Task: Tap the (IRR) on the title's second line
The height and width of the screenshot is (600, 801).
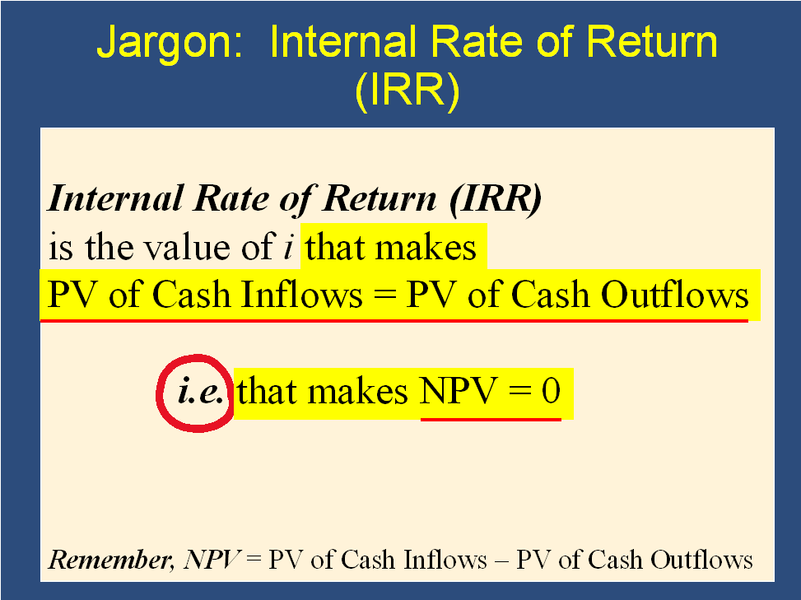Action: pos(407,90)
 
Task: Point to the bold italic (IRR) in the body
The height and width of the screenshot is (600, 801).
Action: pos(496,199)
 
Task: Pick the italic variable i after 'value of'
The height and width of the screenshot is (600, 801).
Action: pos(289,247)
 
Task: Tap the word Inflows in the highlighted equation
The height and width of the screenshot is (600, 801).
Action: pos(301,295)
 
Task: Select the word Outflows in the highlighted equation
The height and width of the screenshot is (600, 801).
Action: pos(674,295)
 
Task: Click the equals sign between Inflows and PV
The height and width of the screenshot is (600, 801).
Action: pos(384,296)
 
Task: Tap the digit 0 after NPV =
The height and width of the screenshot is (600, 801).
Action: pos(552,392)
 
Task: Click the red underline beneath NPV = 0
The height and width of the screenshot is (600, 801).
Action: pos(491,420)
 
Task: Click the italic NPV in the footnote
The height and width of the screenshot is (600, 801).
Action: pos(211,560)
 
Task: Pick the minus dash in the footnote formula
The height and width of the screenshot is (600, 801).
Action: pos(501,561)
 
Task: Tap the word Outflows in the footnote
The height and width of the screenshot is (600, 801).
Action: pos(701,560)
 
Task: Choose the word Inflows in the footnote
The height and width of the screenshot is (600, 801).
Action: pos(445,560)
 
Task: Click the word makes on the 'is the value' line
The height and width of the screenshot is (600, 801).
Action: pos(426,247)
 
